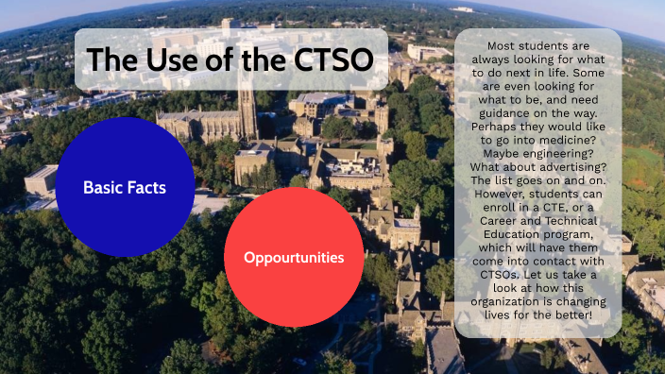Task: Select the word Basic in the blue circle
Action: pos(103,188)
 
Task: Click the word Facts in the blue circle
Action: pos(145,188)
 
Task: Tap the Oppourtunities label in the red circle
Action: pos(294,257)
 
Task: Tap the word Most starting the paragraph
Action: pos(501,43)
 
